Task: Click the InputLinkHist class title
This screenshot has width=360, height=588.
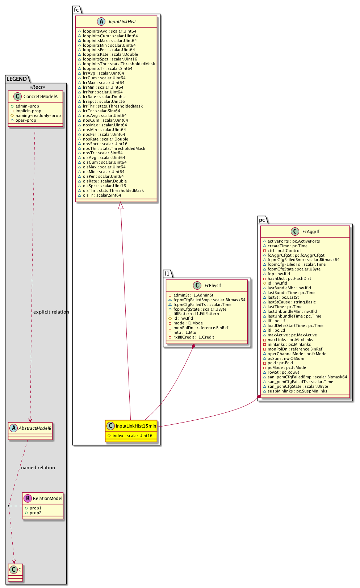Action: coord(122,22)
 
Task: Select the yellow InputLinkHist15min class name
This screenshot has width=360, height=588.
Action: coord(136,426)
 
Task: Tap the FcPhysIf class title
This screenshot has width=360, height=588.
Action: coord(213,286)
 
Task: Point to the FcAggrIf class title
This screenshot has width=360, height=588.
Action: coord(311,232)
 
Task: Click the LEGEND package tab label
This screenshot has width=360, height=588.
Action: coord(17,79)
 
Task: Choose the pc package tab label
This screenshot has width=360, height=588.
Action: coord(262,220)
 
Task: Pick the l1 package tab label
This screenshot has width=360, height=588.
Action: coord(167,274)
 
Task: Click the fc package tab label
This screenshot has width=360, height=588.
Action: coord(76,10)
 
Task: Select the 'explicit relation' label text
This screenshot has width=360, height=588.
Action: coord(51,312)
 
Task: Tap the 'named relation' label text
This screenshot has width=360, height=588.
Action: coord(38,468)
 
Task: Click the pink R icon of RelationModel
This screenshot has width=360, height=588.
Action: coord(28,499)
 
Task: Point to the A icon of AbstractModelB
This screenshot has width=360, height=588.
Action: coord(14,428)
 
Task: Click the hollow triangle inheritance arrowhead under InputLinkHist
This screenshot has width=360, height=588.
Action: coord(121,206)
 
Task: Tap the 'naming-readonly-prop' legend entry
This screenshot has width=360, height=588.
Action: coord(38,116)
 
